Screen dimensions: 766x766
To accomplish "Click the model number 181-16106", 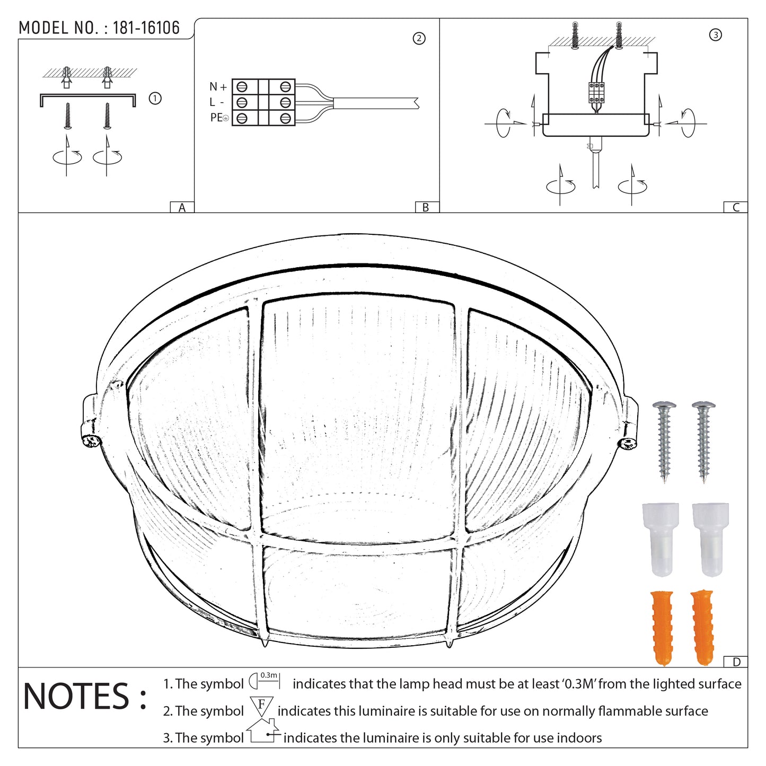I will click(146, 28).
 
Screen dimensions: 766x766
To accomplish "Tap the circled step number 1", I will click(155, 99).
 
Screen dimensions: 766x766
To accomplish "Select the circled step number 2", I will click(419, 38).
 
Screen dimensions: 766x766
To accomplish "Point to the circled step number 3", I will click(715, 35).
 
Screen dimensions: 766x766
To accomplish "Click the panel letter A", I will click(182, 208).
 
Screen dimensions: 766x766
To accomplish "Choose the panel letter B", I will click(425, 208).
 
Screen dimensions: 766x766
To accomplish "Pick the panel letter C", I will click(736, 208).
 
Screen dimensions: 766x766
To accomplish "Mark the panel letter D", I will click(736, 662).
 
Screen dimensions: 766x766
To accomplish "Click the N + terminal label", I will click(218, 87).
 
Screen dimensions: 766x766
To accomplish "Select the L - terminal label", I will click(216, 102).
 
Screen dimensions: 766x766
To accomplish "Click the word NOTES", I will click(77, 697).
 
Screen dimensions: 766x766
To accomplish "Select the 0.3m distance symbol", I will click(264, 680).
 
